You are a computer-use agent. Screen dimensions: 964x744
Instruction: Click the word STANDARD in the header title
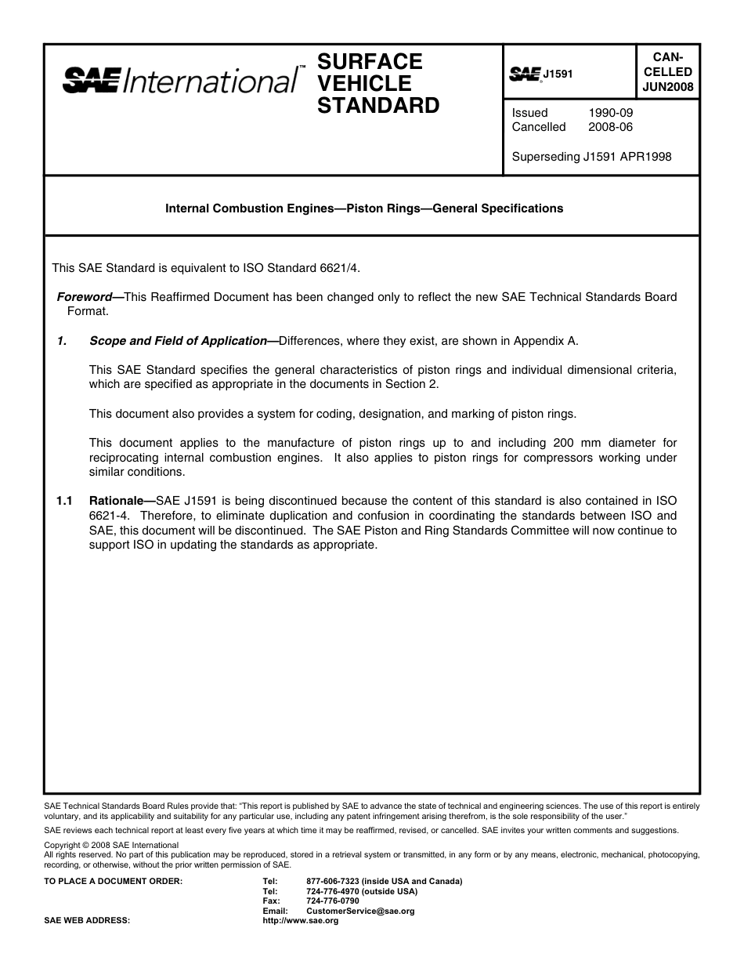(377, 105)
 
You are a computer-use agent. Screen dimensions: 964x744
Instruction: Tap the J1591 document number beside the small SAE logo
(558, 74)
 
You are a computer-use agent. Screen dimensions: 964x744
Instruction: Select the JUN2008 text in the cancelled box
(668, 87)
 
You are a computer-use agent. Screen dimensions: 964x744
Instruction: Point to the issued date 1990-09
(610, 112)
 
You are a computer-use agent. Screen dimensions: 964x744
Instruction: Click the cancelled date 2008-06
(610, 127)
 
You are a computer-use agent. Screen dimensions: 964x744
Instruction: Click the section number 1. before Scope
(62, 340)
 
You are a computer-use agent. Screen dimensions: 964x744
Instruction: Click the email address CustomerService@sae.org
(360, 911)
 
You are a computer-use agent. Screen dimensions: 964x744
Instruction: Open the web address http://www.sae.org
(300, 920)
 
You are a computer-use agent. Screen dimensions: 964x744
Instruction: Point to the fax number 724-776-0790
(333, 901)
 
